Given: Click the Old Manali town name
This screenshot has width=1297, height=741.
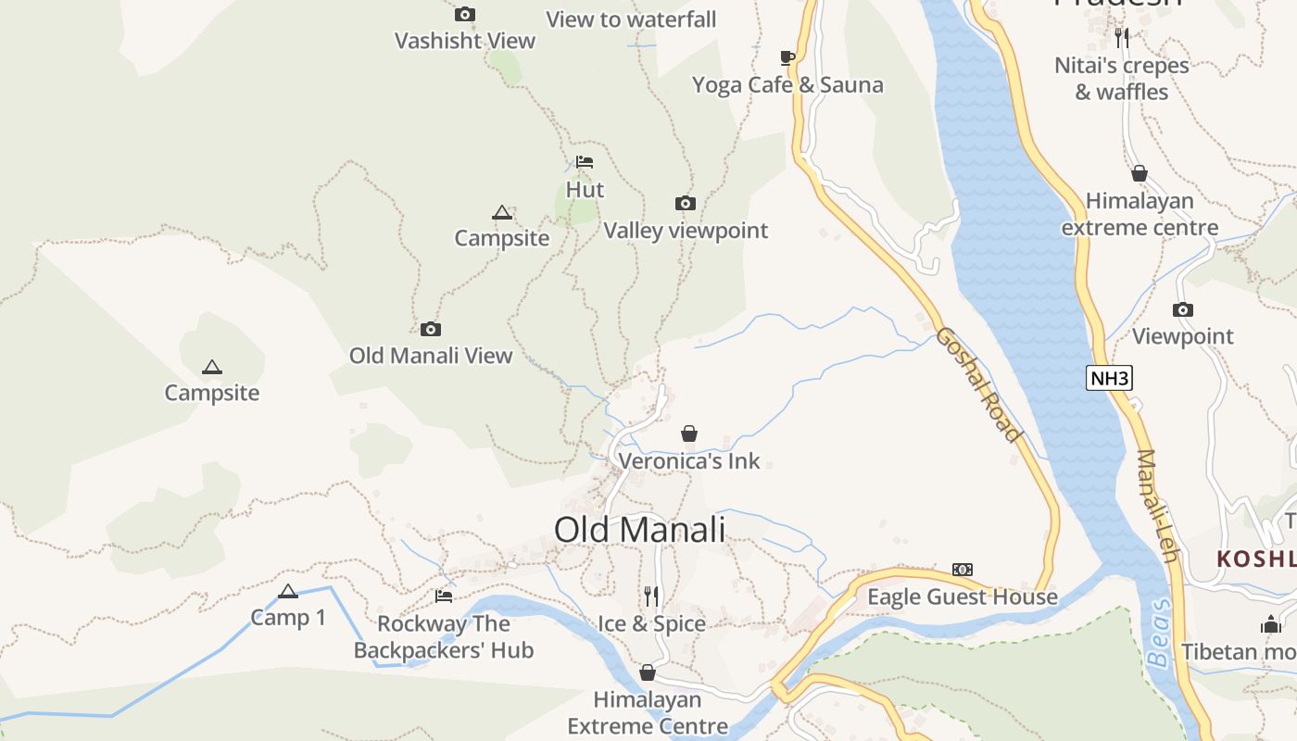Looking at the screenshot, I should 639,530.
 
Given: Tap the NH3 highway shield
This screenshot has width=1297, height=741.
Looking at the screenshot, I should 1110,378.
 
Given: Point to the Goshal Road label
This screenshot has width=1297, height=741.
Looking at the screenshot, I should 977,383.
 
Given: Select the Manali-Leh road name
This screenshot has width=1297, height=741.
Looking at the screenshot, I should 1157,506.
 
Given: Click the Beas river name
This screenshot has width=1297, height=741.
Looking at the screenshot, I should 1159,634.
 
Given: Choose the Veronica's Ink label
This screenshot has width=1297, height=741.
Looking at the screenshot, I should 688,460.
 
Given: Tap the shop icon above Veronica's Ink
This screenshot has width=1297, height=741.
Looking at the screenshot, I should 689,433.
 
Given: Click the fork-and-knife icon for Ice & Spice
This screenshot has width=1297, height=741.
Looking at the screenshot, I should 651,596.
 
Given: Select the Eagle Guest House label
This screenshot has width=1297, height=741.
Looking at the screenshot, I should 962,597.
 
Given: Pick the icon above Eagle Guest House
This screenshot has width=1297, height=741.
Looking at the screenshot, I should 963,570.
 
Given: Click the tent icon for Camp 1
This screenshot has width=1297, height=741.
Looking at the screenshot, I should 288,591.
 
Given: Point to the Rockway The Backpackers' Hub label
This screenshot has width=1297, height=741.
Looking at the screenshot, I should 444,637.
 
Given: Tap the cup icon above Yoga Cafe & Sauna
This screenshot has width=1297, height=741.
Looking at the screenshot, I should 787,57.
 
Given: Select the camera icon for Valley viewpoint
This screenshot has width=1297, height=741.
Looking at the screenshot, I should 686,204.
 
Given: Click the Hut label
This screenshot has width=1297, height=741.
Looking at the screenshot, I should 585,190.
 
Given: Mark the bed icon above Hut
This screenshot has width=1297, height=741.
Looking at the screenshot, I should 585,162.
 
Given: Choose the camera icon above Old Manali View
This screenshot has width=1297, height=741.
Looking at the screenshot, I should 431,329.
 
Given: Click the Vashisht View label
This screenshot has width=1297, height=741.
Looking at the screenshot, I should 465,41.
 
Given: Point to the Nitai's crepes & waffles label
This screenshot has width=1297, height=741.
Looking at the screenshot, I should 1122,79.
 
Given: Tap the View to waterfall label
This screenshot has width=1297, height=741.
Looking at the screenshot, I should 631,19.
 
